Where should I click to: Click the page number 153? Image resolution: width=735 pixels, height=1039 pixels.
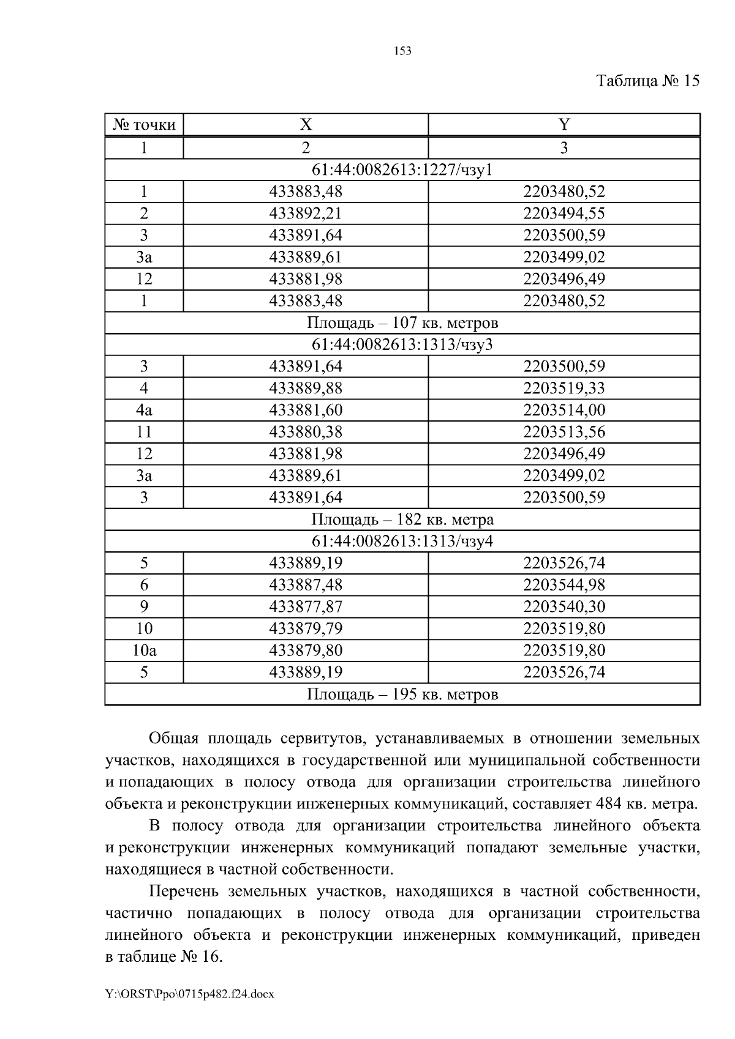pyautogui.click(x=402, y=51)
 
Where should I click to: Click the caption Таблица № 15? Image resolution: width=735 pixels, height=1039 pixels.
pyautogui.click(x=647, y=81)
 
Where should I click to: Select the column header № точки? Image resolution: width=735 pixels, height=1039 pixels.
pyautogui.click(x=144, y=125)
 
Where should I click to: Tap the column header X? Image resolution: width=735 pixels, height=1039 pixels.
pyautogui.click(x=306, y=125)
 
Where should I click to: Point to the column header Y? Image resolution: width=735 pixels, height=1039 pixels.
pyautogui.click(x=564, y=125)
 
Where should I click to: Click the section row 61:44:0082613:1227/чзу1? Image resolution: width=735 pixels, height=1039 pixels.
pyautogui.click(x=402, y=169)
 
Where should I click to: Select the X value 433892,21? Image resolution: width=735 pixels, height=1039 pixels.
pyautogui.click(x=306, y=214)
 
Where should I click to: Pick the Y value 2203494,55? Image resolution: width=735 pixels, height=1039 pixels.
pyautogui.click(x=564, y=214)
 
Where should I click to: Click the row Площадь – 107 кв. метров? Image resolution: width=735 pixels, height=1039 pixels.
pyautogui.click(x=402, y=322)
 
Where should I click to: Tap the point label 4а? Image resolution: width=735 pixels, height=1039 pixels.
pyautogui.click(x=144, y=410)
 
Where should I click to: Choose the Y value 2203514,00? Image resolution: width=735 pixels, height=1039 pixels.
pyautogui.click(x=564, y=410)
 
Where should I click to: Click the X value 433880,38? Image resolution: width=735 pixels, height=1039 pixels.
pyautogui.click(x=306, y=432)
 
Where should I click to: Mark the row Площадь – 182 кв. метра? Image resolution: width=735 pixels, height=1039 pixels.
pyautogui.click(x=402, y=519)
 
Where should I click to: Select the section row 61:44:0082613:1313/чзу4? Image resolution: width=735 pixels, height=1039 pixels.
pyautogui.click(x=402, y=541)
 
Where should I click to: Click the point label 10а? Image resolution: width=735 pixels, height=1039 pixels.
pyautogui.click(x=144, y=650)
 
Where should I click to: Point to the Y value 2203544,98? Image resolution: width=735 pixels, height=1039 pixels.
pyautogui.click(x=564, y=585)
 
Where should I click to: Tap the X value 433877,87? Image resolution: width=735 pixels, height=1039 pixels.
pyautogui.click(x=306, y=606)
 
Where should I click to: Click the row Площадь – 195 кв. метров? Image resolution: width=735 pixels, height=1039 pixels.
pyautogui.click(x=402, y=695)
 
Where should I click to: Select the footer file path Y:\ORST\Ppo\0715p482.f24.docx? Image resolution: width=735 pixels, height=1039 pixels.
pyautogui.click(x=189, y=994)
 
